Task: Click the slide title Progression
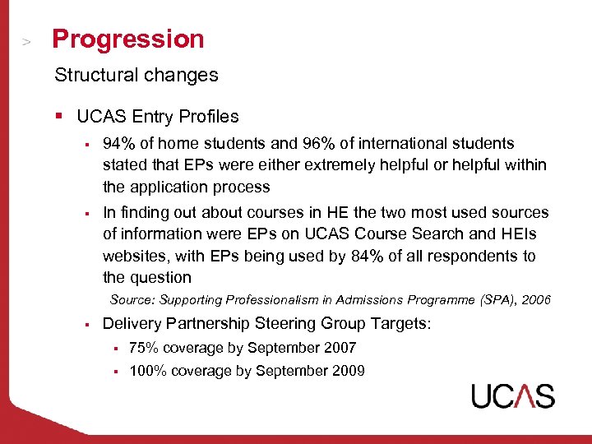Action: click(127, 39)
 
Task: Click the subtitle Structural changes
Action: click(136, 75)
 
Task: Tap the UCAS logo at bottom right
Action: click(512, 395)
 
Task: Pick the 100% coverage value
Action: click(149, 371)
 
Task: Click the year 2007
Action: click(340, 348)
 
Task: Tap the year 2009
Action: click(349, 371)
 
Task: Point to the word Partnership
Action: click(204, 324)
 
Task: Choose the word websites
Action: click(134, 256)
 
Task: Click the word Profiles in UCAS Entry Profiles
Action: click(208, 117)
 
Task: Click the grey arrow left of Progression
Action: click(27, 40)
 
